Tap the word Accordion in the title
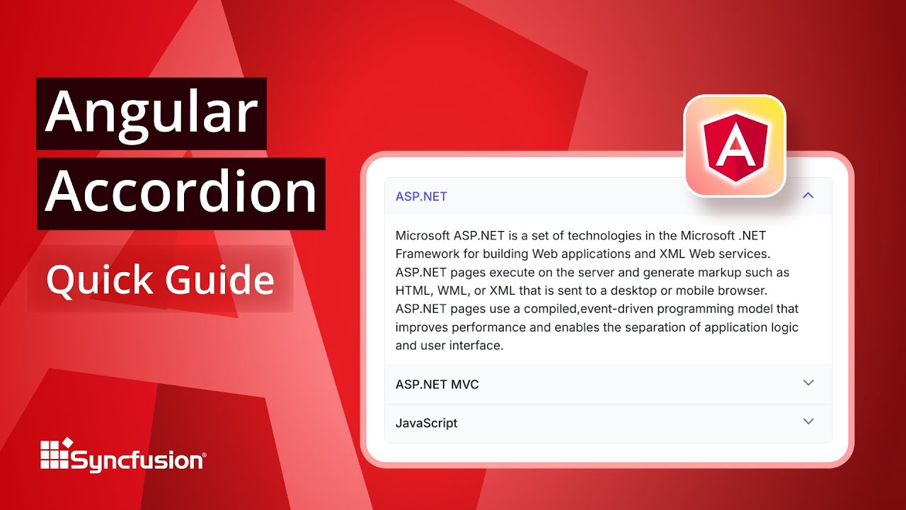(181, 193)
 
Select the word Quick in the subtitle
(98, 280)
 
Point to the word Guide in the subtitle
(219, 280)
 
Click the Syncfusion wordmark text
(137, 461)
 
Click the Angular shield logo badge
(735, 146)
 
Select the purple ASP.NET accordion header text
(421, 197)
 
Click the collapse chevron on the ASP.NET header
(808, 195)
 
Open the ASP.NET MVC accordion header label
(437, 385)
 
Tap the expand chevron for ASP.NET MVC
(808, 382)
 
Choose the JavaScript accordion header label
(426, 424)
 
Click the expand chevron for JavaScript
(808, 421)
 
